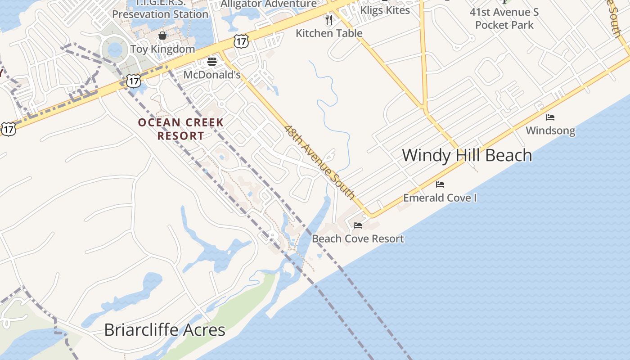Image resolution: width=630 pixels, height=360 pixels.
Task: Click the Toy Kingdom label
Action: pyautogui.click(x=162, y=49)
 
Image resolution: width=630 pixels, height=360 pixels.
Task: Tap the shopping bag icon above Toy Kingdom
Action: pyautogui.click(x=162, y=36)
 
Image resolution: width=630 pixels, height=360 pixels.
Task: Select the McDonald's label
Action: pyautogui.click(x=212, y=75)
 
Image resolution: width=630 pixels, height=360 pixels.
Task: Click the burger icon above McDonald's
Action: pyautogui.click(x=212, y=62)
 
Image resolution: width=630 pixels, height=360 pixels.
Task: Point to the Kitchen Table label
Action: pyautogui.click(x=329, y=33)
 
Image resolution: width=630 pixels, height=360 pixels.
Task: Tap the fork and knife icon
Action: pyautogui.click(x=329, y=19)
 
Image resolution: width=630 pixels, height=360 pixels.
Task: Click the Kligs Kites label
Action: pyautogui.click(x=385, y=10)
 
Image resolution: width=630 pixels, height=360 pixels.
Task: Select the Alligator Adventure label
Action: pyautogui.click(x=269, y=4)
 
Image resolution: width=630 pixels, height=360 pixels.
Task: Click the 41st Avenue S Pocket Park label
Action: pyautogui.click(x=504, y=18)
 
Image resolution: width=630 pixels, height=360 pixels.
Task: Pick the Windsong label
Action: pyautogui.click(x=550, y=131)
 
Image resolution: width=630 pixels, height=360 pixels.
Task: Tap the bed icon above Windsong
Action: pyautogui.click(x=550, y=117)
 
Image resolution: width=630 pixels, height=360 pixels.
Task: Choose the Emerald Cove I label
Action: pyautogui.click(x=440, y=198)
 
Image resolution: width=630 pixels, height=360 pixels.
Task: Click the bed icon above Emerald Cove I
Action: pyautogui.click(x=440, y=184)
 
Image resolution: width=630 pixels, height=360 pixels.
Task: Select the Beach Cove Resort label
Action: pyautogui.click(x=358, y=238)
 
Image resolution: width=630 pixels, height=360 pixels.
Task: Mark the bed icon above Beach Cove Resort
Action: pyautogui.click(x=358, y=225)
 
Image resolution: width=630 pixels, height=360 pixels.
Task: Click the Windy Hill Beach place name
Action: pyautogui.click(x=467, y=155)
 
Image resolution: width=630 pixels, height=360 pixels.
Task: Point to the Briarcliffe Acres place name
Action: pyautogui.click(x=165, y=330)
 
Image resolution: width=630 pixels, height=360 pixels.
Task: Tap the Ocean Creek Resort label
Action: pyautogui.click(x=180, y=129)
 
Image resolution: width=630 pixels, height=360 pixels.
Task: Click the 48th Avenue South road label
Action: pyautogui.click(x=319, y=162)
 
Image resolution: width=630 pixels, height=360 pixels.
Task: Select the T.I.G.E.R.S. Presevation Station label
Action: pyautogui.click(x=160, y=9)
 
